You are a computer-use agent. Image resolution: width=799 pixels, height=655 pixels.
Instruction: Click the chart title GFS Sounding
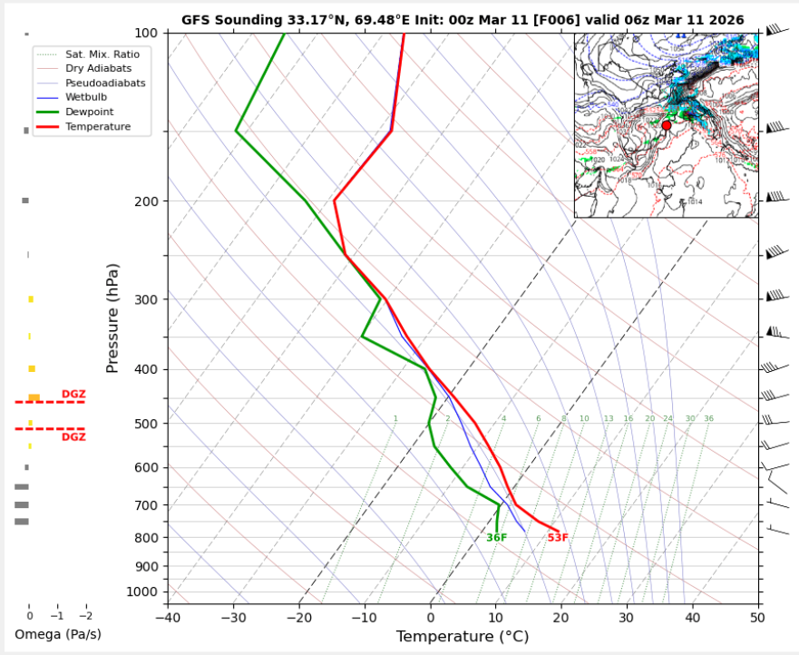click(x=463, y=19)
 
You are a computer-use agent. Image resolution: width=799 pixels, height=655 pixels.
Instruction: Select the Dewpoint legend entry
click(x=90, y=112)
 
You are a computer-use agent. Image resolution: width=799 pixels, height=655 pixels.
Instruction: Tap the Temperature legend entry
click(x=97, y=127)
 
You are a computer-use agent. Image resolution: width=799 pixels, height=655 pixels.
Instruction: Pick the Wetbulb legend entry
click(x=87, y=97)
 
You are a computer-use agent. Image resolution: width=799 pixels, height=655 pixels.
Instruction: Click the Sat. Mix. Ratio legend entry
click(x=102, y=54)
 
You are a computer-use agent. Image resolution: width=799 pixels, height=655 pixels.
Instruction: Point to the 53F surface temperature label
click(x=558, y=538)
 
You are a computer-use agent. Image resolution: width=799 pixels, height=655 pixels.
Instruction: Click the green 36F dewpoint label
click(x=496, y=538)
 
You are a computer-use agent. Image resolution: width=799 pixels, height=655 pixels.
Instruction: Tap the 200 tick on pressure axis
click(x=147, y=201)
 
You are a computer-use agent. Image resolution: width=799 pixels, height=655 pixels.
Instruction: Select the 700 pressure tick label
click(x=147, y=505)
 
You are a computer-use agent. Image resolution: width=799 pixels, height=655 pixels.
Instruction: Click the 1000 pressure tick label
click(x=143, y=592)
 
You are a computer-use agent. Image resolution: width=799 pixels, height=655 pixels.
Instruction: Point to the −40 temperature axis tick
click(x=168, y=618)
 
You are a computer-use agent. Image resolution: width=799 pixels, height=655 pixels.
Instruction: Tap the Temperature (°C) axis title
click(x=463, y=637)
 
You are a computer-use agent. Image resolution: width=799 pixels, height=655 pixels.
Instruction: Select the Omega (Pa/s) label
click(x=57, y=633)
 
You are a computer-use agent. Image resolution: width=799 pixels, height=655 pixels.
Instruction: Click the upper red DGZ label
click(x=73, y=394)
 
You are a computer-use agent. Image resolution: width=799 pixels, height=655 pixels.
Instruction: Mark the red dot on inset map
click(x=667, y=125)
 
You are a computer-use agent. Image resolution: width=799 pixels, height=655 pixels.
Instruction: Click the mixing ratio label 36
click(x=708, y=418)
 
